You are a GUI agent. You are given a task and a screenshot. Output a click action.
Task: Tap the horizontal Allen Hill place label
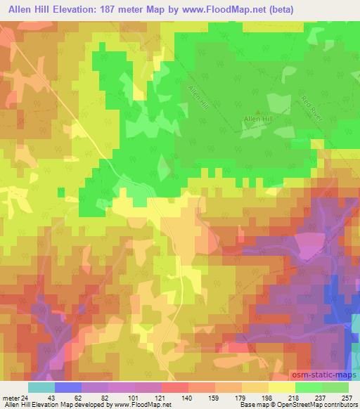coord(256,120)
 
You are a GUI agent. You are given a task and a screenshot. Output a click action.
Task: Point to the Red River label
coord(310,106)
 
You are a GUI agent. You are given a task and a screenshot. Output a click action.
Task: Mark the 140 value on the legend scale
coord(187,397)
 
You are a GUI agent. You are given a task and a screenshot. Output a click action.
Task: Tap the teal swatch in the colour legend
coord(41,387)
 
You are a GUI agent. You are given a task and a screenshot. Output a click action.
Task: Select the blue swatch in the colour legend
coord(68,387)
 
